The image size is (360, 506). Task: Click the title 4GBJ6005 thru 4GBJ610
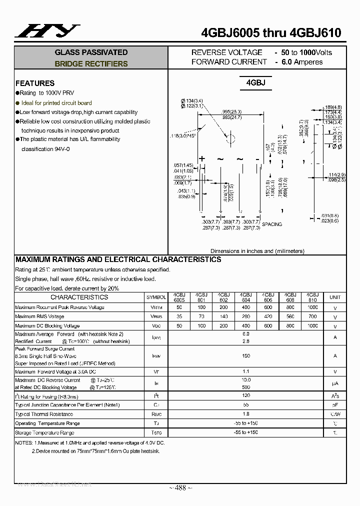tap(270, 33)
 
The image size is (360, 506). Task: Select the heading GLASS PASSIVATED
tap(91, 52)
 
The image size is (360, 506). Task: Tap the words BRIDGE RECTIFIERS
tap(91, 64)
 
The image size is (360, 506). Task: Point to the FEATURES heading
tap(35, 83)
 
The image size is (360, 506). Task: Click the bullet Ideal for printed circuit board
tap(56, 103)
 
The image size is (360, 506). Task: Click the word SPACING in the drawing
tap(272, 224)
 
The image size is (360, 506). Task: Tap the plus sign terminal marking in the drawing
tap(202, 159)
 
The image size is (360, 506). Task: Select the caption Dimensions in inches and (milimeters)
tap(257, 251)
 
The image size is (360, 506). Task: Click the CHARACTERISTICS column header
tap(79, 297)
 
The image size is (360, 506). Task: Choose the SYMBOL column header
tap(156, 297)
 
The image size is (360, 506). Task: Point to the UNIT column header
tap(335, 297)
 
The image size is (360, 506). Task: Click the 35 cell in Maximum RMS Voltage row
tap(179, 316)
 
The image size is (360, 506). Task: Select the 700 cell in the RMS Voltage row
tap(312, 316)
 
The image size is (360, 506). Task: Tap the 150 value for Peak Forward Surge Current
tap(246, 356)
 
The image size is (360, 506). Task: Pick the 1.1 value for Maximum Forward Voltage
tap(246, 371)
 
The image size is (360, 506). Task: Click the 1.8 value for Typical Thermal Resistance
tap(246, 414)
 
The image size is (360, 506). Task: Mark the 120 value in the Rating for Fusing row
tap(246, 395)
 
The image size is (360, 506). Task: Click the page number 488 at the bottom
tap(180, 488)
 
